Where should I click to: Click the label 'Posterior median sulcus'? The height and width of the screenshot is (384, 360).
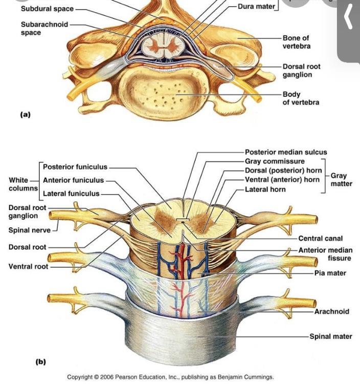(x=286, y=152)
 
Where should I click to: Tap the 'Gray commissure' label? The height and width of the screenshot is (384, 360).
(x=275, y=162)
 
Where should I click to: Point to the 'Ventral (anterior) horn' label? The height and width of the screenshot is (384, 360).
(x=282, y=180)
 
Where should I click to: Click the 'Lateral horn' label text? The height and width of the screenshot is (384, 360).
(x=265, y=189)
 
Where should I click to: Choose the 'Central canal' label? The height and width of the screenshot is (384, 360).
(x=321, y=239)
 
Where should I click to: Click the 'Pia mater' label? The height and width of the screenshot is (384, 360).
(x=330, y=273)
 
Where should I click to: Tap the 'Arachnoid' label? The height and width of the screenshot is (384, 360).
(x=332, y=311)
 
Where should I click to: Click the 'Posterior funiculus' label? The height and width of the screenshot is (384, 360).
(x=75, y=167)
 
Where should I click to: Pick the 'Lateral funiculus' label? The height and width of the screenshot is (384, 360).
(x=71, y=194)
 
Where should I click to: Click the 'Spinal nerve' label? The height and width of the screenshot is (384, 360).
(x=30, y=230)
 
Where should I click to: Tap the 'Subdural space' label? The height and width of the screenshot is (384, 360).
(x=47, y=9)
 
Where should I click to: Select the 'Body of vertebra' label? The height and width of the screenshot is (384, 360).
(x=301, y=98)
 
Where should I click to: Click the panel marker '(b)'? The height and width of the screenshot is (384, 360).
(x=40, y=361)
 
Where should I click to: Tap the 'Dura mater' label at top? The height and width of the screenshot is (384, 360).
(x=257, y=7)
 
